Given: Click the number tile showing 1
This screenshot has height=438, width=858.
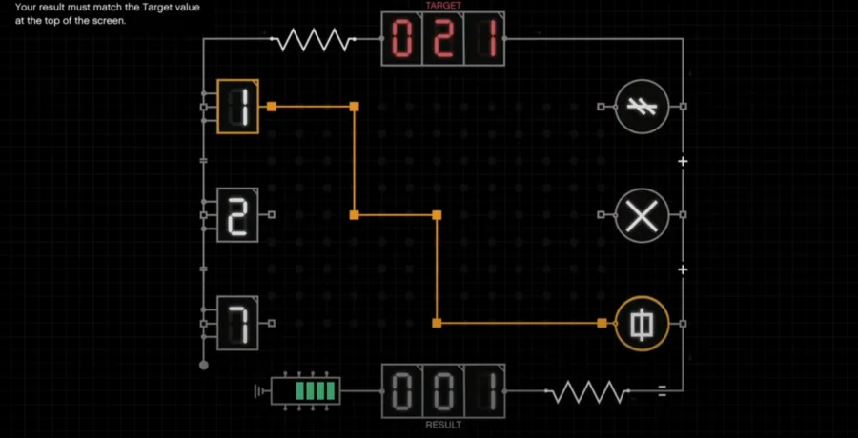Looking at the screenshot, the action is (238, 107).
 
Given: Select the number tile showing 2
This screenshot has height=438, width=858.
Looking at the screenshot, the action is (238, 215).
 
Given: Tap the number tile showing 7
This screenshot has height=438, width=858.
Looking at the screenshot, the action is (238, 323).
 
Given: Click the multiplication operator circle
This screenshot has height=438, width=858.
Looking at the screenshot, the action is (642, 215).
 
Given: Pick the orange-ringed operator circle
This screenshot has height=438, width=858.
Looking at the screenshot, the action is (642, 323).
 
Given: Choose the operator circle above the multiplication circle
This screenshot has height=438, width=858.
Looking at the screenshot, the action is (642, 107).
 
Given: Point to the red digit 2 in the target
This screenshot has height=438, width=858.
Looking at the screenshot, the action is (443, 39).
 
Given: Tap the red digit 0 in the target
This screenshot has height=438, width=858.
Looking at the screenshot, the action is (402, 39).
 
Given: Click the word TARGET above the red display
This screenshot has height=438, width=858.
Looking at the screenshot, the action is (443, 6).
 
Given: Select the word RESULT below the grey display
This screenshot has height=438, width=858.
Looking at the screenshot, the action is (443, 425).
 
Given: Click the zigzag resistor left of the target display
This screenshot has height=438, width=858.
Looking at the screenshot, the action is (313, 39).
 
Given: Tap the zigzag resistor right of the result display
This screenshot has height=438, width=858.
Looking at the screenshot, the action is (587, 391).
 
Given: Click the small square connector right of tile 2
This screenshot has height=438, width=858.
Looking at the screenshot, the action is (272, 215).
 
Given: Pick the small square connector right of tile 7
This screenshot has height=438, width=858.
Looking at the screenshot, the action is (272, 323).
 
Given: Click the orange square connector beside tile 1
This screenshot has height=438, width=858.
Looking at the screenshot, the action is (272, 107).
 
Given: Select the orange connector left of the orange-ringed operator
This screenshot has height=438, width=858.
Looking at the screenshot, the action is (602, 323).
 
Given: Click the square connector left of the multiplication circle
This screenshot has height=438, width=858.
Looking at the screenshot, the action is (601, 215).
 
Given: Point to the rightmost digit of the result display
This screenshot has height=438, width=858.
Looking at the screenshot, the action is (485, 391).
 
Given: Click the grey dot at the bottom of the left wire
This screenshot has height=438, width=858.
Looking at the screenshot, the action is (204, 366).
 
